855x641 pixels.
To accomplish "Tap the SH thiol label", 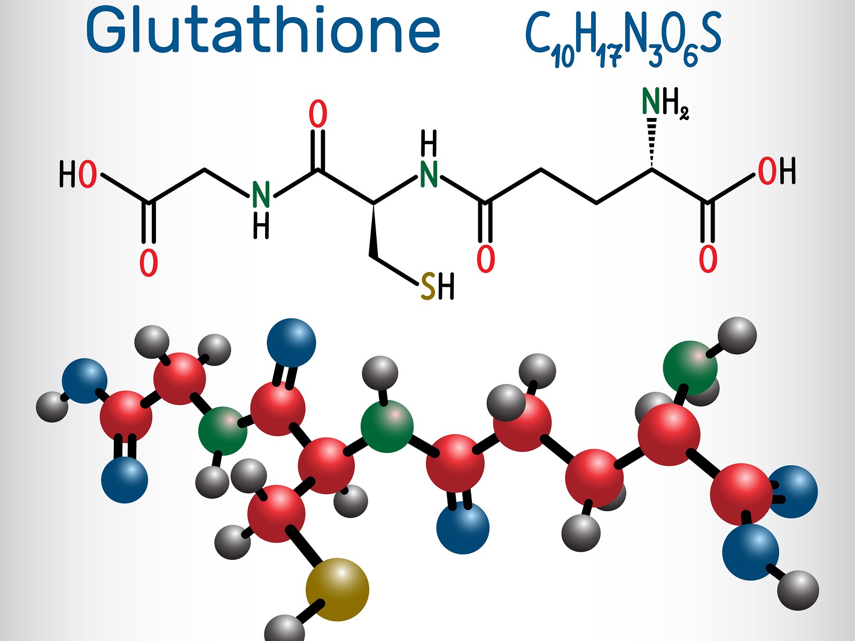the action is tap(437, 286).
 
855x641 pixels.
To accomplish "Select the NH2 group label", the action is tap(664, 103).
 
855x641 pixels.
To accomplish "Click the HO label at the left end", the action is tap(78, 174).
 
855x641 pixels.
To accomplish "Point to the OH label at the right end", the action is tap(776, 171).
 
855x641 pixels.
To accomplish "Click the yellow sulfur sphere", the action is tap(337, 589).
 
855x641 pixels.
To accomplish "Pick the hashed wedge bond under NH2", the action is tap(651, 142).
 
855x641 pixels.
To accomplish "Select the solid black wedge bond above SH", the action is tap(374, 231).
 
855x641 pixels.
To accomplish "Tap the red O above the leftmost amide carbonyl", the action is tap(318, 114).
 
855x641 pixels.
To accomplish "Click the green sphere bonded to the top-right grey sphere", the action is tap(690, 368).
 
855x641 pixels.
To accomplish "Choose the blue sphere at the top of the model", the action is tap(291, 342).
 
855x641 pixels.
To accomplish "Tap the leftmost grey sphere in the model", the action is tap(52, 407).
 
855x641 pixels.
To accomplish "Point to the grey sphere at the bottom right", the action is tap(798, 590).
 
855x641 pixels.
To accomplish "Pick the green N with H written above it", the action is tap(429, 174).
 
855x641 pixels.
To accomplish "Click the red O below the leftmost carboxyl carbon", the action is tap(149, 262).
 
